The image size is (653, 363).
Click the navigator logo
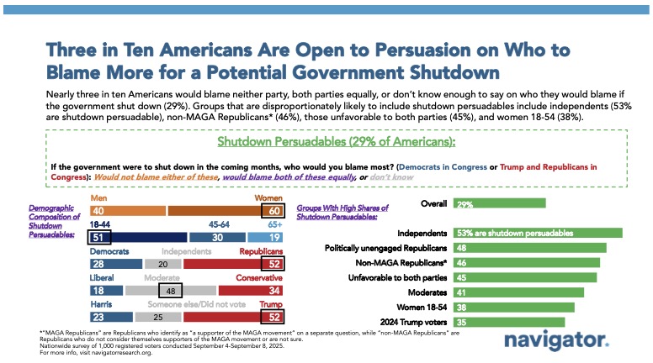click(x=555, y=340)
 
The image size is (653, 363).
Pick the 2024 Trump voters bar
click(x=509, y=322)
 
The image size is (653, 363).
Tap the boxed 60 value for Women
click(x=275, y=211)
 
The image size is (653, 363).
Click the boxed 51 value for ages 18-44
click(x=100, y=238)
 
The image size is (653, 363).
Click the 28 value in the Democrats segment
click(x=99, y=265)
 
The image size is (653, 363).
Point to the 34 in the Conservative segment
click(x=276, y=292)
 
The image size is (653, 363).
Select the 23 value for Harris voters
click(x=99, y=318)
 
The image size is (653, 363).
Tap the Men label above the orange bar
click(x=98, y=198)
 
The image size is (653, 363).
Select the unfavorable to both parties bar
click(x=525, y=277)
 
